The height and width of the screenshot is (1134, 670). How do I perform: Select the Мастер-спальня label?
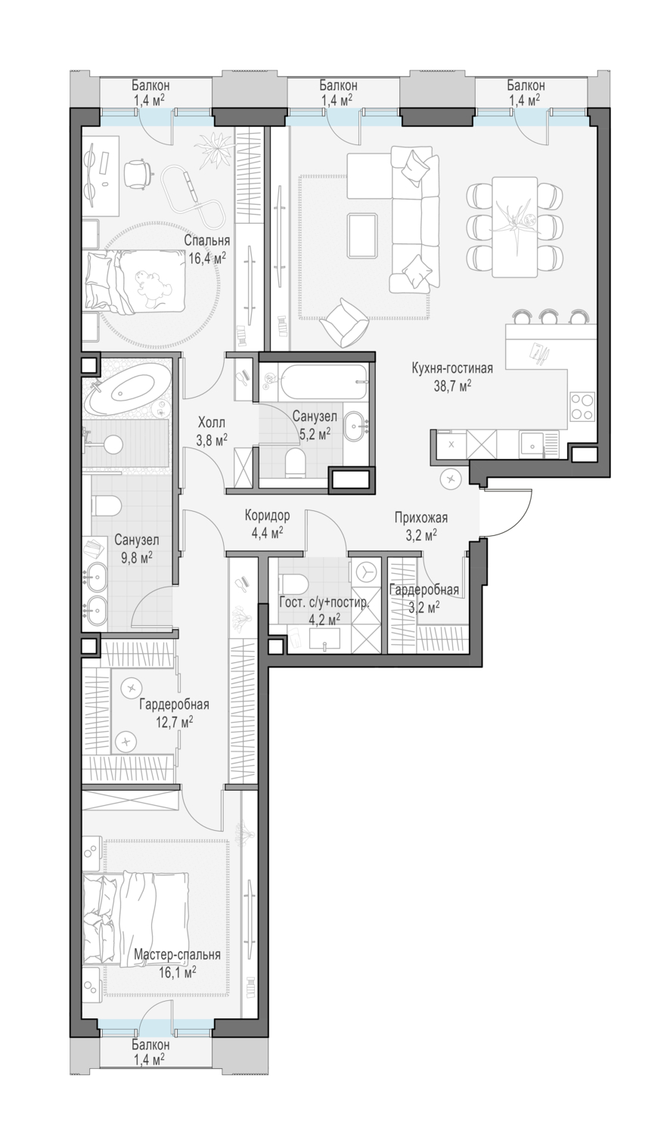coord(177,955)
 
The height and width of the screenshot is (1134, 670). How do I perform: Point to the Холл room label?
coord(212,422)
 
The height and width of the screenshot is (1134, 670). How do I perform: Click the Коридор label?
coord(267,516)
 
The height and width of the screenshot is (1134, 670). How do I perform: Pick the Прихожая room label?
coord(421,517)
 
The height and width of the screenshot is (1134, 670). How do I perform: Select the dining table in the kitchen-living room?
coord(514,226)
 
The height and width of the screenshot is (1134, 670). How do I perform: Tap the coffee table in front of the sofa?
coord(362,235)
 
